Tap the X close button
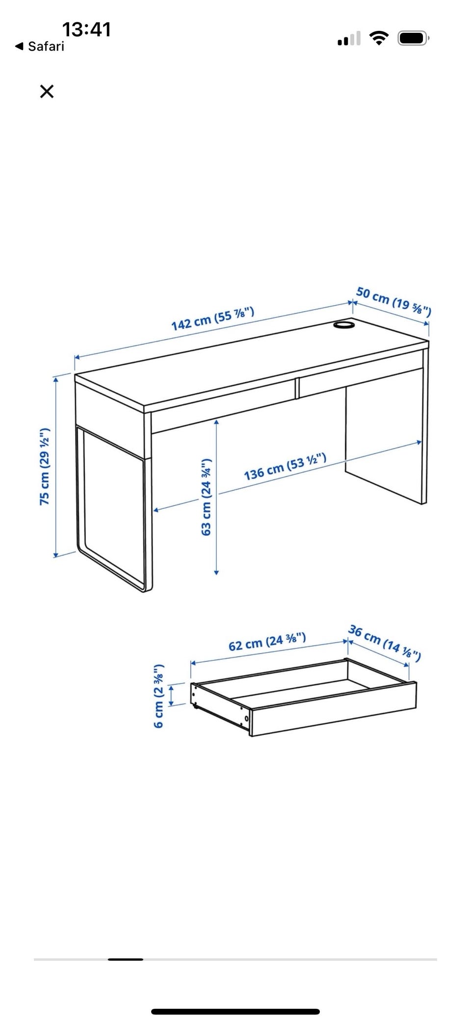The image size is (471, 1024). point(47,91)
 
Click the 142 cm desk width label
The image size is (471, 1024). point(212,318)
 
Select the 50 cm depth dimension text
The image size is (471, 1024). point(393,301)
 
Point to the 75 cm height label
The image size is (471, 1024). point(45,466)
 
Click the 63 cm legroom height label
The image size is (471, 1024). point(206,497)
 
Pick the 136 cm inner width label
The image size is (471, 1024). point(285,467)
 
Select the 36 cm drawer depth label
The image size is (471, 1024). point(385,643)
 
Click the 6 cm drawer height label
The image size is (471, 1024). point(158,696)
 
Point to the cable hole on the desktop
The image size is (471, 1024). point(344,325)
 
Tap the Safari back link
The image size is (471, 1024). point(40,46)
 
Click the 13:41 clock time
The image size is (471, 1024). point(86,29)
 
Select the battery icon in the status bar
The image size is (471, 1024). point(414,38)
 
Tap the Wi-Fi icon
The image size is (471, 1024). point(379,38)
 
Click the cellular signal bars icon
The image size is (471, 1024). point(349,38)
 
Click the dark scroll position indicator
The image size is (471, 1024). point(126,959)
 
